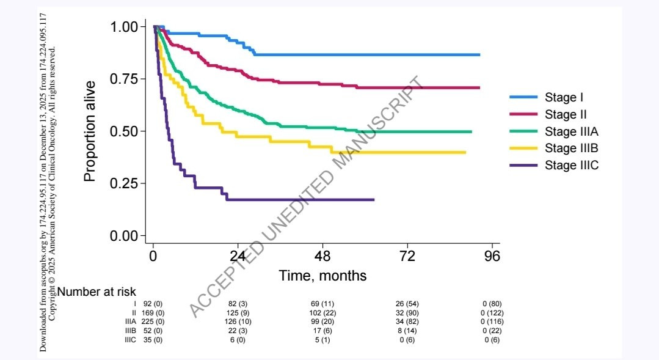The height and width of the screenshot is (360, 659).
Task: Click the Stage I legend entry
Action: point(561,97)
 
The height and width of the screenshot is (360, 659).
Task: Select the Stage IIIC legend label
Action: point(571,165)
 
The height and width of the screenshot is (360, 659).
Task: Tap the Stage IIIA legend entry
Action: point(571,131)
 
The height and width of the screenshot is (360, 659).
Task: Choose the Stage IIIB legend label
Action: point(571,148)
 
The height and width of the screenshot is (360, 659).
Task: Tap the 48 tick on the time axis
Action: point(322,256)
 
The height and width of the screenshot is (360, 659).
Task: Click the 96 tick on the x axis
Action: point(492,256)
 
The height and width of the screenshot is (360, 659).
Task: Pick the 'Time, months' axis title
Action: point(322,276)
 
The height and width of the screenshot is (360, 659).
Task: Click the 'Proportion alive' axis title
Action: point(90,131)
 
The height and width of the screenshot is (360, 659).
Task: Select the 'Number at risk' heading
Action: point(96,292)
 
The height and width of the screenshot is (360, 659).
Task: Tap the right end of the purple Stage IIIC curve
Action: point(373,200)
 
